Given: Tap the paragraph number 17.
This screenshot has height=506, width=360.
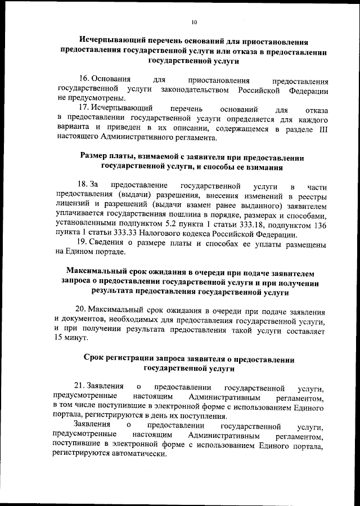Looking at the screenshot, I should coord(84,108).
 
